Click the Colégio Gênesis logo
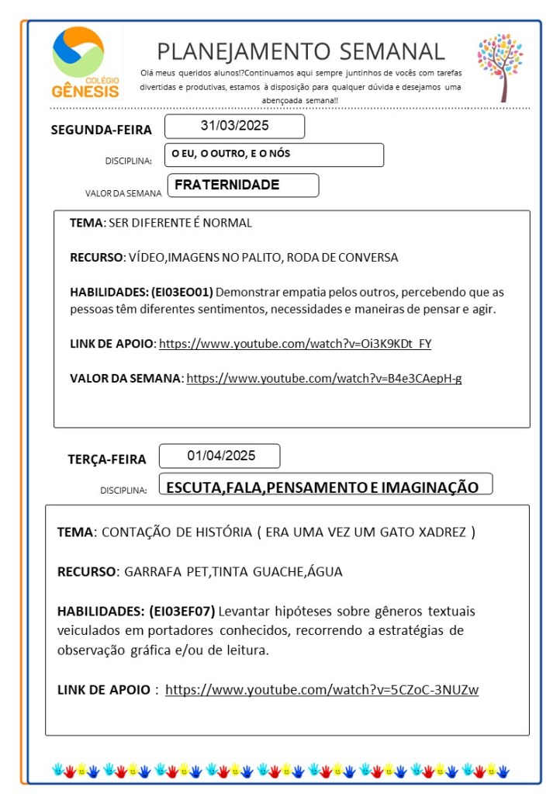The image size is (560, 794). pos(86,62)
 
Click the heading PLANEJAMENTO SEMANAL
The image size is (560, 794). pos(301,51)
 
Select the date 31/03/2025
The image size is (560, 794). pos(234,126)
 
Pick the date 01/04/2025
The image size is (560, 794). pos(220,456)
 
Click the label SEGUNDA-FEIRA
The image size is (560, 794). pos(101,130)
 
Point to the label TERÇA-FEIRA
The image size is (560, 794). pos(106,459)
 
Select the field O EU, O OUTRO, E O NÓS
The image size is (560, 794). pos(274,154)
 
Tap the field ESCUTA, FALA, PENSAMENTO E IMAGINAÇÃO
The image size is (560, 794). pos(323,487)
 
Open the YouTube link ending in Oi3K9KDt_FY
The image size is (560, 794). pos(295,343)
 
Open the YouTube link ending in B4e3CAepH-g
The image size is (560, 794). pos(324,378)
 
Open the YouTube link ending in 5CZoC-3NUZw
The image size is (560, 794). pos(322,689)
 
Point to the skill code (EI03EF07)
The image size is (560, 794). pos(181,610)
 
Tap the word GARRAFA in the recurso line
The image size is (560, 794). pos(147,572)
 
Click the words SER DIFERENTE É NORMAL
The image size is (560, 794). pos(181,223)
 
